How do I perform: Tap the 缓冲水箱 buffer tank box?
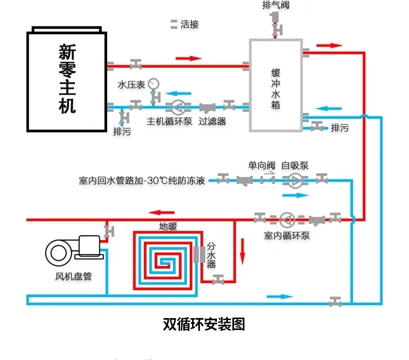(x=275, y=85)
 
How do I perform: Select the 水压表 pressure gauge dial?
(x=153, y=83)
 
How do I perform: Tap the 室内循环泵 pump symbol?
(x=287, y=219)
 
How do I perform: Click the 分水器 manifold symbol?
(x=199, y=254)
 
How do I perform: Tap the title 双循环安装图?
(x=203, y=324)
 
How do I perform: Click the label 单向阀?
(x=261, y=166)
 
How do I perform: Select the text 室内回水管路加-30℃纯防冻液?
(x=142, y=181)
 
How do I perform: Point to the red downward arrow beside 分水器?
(x=241, y=250)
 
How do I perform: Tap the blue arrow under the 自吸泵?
(x=295, y=195)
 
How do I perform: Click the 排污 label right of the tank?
(x=340, y=128)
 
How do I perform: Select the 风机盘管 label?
(x=74, y=277)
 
